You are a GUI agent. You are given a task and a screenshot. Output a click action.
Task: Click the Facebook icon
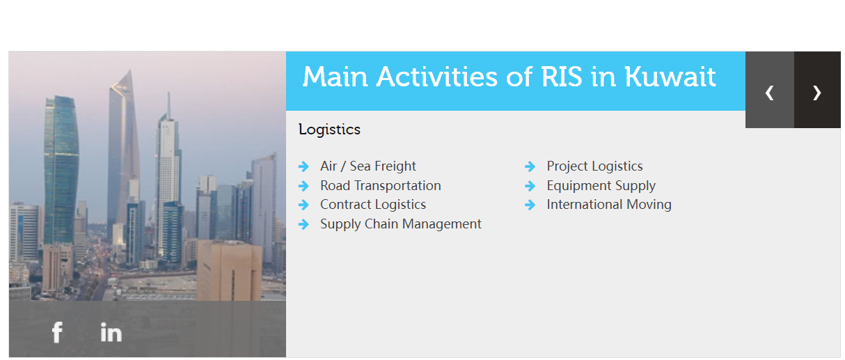[x=57, y=332]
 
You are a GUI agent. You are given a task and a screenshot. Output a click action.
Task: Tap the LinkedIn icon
[x=111, y=332]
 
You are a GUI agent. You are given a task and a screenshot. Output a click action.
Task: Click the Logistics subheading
[x=329, y=130]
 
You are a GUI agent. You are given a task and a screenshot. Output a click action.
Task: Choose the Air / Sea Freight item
[x=368, y=166]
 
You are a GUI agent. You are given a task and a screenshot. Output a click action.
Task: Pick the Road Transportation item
[x=380, y=186]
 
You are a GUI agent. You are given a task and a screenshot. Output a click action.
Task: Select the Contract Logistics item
[x=373, y=205]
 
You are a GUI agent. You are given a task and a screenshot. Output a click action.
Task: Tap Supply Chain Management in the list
[x=401, y=224]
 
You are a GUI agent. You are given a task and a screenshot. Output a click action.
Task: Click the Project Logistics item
[x=594, y=166]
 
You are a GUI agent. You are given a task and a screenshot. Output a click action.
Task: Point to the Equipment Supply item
[x=601, y=186]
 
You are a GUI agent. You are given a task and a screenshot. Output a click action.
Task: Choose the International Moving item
[x=609, y=205]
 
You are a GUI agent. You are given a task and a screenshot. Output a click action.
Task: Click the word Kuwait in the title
[x=670, y=77]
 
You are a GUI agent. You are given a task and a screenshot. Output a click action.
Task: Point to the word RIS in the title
[x=562, y=77]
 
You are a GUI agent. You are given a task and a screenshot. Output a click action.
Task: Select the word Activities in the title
[x=437, y=77]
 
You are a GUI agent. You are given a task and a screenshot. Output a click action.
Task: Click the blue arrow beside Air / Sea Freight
[x=303, y=166]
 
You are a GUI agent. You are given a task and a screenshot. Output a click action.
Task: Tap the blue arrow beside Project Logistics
[x=530, y=166]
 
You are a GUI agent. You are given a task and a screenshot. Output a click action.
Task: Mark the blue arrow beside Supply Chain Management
[x=303, y=224]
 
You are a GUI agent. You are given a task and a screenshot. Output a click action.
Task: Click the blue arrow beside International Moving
[x=530, y=205]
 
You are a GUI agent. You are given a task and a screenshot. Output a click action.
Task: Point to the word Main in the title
[x=335, y=77]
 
